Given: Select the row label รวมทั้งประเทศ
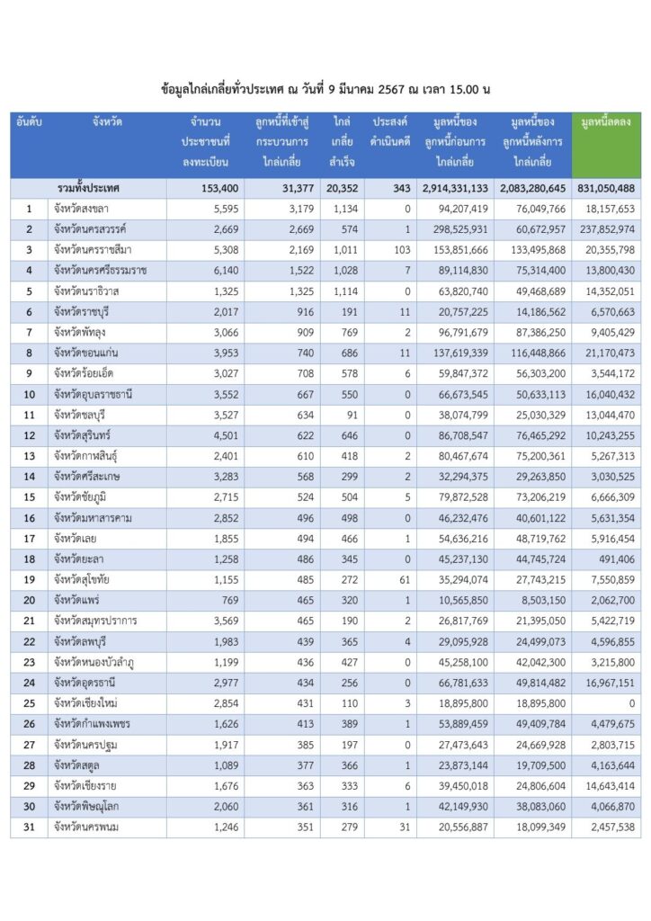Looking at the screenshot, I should pos(88,188).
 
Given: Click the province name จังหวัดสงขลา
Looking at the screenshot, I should pos(82,209).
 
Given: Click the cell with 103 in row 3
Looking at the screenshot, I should pos(399,250).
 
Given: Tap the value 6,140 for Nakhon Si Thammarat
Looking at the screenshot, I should pos(215,271).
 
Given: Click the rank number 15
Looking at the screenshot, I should pos(29,497).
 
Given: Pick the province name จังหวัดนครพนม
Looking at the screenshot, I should pos(87,827).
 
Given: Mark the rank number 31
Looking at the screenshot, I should pos(29,827).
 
